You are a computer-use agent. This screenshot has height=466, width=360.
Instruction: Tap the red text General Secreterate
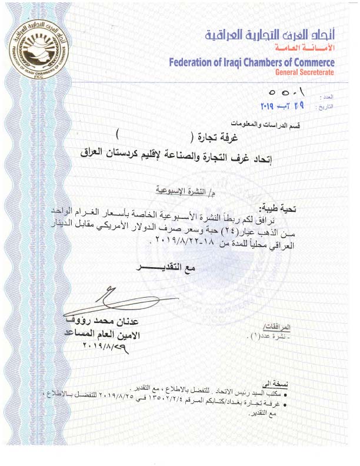[x=305, y=72]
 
